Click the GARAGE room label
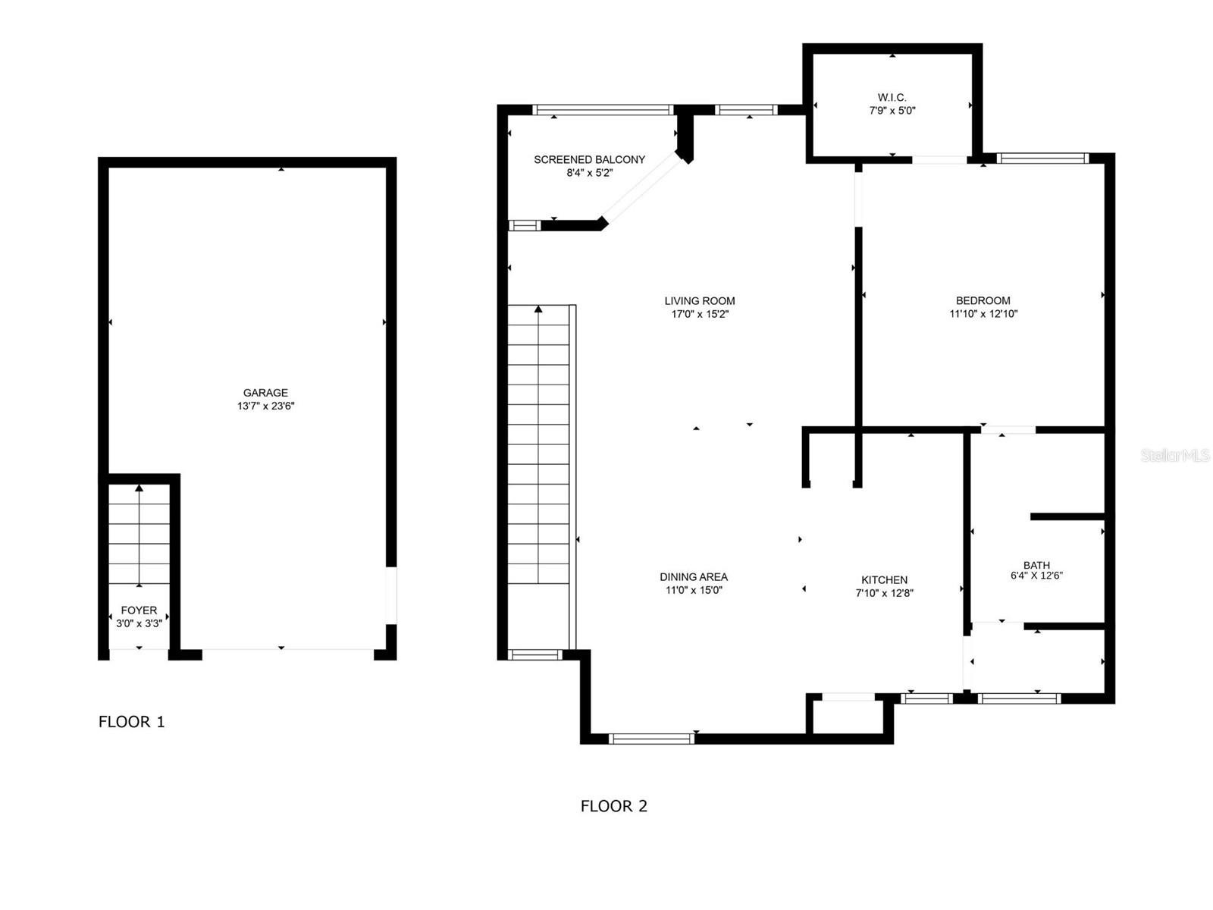point(265,392)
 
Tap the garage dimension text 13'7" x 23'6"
point(266,406)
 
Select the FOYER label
point(139,610)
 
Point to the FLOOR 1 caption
point(131,722)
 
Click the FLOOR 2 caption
point(613,806)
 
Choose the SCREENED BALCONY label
point(589,160)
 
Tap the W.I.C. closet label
point(892,97)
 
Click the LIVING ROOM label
point(700,300)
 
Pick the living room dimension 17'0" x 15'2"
point(700,314)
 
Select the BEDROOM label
point(983,300)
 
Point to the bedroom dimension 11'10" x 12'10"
point(983,314)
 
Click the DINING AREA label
point(694,577)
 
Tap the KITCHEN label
point(884,579)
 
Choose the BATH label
point(1036,565)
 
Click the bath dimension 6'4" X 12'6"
point(1036,575)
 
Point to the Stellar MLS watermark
point(1175,455)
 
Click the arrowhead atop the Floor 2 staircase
point(538,309)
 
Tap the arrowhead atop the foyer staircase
point(139,488)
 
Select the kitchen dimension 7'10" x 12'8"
point(884,593)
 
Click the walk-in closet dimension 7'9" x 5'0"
point(892,111)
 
